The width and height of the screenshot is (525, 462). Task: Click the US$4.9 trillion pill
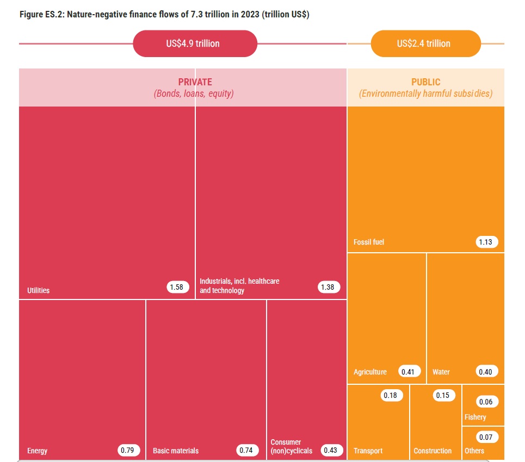point(194,43)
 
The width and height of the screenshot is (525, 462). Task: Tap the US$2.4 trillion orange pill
point(425,43)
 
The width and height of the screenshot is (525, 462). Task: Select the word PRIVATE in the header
point(195,82)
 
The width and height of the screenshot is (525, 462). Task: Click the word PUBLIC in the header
point(425,82)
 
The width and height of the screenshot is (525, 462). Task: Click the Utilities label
point(38,290)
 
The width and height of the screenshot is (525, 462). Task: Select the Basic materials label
point(175,451)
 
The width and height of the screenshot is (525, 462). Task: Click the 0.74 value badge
point(248,450)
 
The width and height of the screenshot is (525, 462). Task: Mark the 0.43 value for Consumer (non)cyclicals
point(331,450)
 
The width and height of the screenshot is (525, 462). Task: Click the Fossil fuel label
point(368,242)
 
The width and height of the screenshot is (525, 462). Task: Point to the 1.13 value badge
point(486,242)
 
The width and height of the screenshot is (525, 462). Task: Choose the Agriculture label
point(370,372)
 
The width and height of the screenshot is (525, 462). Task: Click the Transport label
point(368,451)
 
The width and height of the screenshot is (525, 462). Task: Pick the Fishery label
point(475,417)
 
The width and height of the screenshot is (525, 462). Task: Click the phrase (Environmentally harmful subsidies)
point(425,94)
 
